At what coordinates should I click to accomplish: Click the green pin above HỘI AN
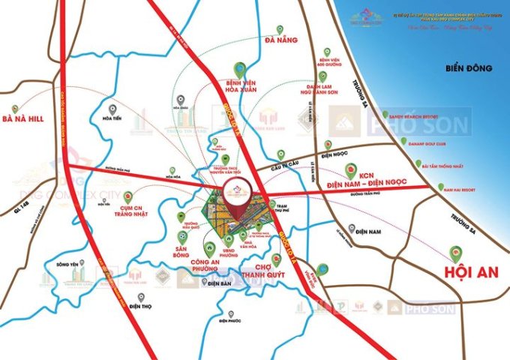pos(453,253)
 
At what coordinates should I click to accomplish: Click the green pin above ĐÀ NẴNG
pos(279,30)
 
